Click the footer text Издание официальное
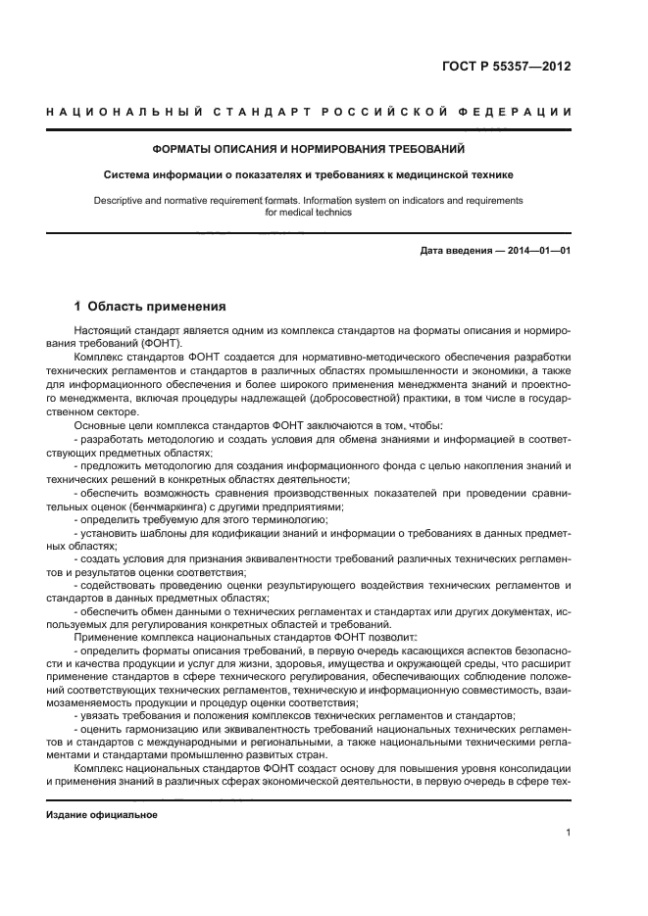click(x=102, y=815)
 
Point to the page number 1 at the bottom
click(x=568, y=834)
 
